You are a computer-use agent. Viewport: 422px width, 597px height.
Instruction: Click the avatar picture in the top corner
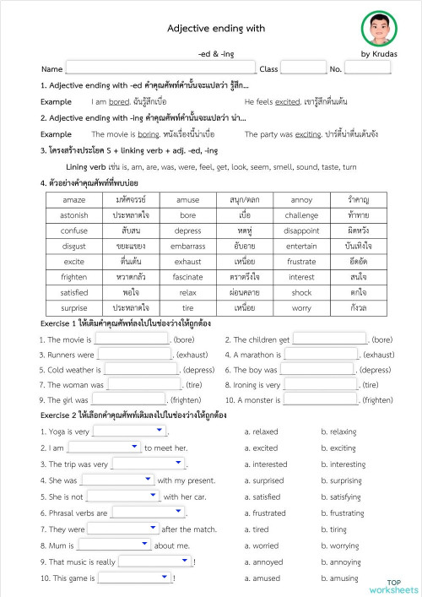(x=380, y=29)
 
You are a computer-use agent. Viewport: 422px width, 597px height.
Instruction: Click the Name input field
(x=160, y=68)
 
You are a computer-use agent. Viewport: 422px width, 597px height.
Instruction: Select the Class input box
(x=302, y=68)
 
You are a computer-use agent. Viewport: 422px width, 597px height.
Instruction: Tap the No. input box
(x=367, y=68)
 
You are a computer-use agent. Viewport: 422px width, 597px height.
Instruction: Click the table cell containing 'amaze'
(x=74, y=200)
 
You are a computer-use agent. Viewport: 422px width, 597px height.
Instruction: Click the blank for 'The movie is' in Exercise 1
(x=132, y=339)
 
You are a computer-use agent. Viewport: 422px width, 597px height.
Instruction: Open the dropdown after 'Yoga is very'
(x=128, y=431)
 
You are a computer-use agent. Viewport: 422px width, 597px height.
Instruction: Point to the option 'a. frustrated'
(x=265, y=513)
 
